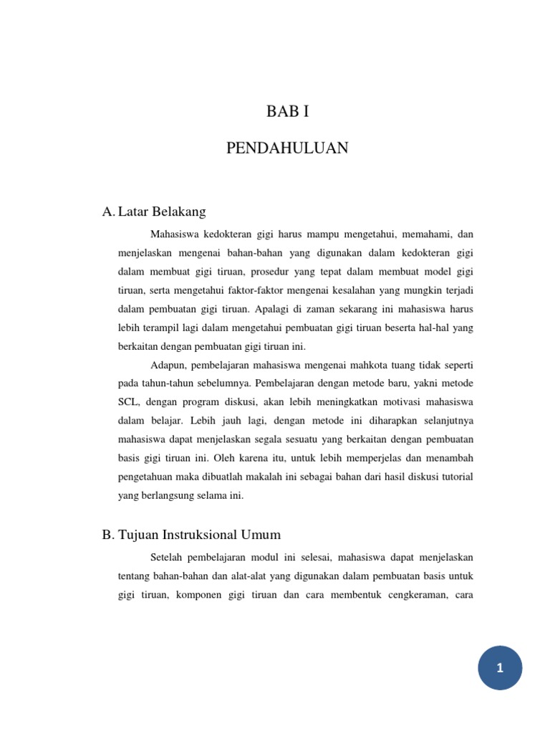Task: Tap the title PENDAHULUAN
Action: point(287,148)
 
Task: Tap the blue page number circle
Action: point(501,668)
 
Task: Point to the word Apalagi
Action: point(274,308)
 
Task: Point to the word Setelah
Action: point(169,557)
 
